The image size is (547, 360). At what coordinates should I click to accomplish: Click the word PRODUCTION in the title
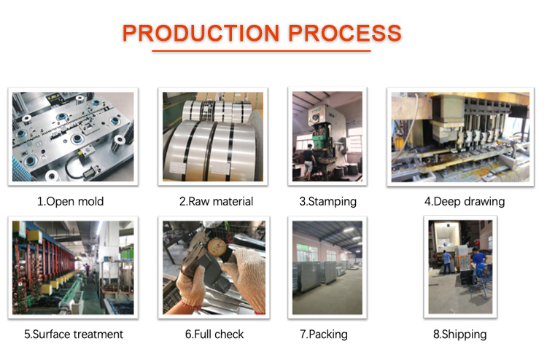201,33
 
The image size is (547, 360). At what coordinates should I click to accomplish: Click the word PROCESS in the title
345,33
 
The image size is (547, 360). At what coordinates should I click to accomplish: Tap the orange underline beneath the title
261,51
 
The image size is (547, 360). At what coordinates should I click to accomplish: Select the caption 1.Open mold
71,201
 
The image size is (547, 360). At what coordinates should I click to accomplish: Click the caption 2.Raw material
217,201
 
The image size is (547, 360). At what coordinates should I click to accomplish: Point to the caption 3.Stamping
328,202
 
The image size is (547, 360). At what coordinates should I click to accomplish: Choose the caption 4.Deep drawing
465,202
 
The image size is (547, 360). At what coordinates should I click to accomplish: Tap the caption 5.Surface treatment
74,334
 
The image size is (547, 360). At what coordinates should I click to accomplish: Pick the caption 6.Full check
214,334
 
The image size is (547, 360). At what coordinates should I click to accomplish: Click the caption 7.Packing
324,334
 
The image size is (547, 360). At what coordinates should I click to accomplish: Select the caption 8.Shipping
459,334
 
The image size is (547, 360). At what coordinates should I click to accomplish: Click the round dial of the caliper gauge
217,247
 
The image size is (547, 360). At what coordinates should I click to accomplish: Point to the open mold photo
73,136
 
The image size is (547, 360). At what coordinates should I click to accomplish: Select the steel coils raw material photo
213,136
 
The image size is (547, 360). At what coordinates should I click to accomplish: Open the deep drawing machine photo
460,137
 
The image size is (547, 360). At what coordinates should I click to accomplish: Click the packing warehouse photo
327,267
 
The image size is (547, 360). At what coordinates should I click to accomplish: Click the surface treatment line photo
73,267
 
